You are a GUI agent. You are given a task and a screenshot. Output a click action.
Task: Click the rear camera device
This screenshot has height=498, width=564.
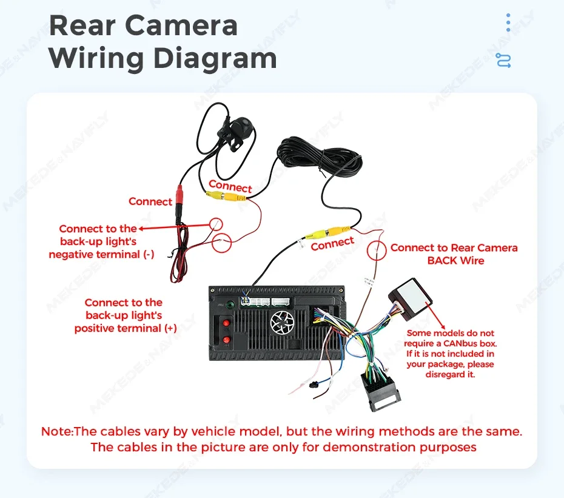(237, 132)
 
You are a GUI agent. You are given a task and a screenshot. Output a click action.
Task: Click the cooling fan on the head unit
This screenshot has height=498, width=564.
(283, 321)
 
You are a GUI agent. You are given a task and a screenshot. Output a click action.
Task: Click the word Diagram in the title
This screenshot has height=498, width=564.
(215, 58)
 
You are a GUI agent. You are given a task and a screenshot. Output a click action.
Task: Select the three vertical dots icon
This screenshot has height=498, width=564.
(508, 22)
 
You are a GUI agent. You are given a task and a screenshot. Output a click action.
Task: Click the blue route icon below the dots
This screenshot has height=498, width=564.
(503, 61)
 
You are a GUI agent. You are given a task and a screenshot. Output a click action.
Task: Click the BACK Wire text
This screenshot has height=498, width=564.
(455, 260)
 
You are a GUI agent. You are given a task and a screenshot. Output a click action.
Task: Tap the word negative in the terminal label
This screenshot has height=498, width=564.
(72, 254)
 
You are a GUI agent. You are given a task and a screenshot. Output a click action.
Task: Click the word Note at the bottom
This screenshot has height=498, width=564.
(57, 431)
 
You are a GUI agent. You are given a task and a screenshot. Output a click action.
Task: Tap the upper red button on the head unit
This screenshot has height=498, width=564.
(226, 323)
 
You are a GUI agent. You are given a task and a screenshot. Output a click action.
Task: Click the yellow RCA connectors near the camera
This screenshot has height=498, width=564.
(226, 196)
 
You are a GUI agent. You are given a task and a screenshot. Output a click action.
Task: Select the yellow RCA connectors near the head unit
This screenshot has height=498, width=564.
(327, 232)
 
